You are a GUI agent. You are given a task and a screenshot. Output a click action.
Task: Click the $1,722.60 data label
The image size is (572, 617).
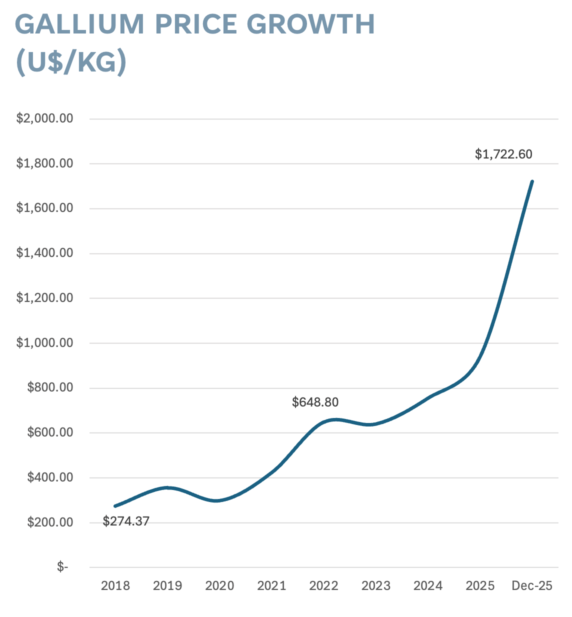point(503,154)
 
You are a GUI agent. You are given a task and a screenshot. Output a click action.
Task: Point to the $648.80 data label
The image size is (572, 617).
point(315,402)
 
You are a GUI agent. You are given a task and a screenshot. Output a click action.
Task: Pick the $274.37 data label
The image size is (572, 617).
point(126,521)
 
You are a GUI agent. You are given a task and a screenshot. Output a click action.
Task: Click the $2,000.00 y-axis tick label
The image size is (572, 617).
point(45,118)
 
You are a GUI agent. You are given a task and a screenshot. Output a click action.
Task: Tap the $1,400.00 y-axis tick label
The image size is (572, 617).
point(45,253)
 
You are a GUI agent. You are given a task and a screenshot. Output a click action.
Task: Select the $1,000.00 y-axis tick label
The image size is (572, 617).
point(45,343)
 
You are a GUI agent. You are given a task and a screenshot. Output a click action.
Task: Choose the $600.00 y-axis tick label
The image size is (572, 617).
point(50,432)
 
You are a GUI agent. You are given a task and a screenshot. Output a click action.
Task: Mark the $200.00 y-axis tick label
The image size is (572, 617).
point(50,522)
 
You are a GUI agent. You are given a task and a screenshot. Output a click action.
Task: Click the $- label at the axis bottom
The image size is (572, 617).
point(62,567)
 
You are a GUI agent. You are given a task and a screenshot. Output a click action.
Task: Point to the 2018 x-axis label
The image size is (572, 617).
point(115,585)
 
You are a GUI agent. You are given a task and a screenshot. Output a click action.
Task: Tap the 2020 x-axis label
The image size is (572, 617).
point(219,585)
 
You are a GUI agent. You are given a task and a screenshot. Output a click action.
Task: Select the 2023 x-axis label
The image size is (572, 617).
point(376,585)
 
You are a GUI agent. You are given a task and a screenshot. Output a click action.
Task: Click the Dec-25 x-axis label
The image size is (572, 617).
point(532,585)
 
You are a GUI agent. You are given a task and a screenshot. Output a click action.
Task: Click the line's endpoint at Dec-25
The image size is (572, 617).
point(532,181)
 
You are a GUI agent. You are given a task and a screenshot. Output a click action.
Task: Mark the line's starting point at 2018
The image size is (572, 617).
point(115,506)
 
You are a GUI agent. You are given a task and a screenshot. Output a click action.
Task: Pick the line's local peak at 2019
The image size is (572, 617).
point(168,487)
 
